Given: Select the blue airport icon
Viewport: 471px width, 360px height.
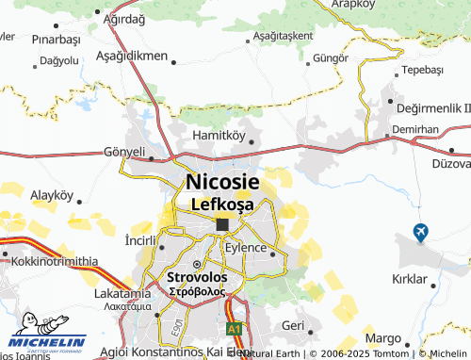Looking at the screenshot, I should point(421,231).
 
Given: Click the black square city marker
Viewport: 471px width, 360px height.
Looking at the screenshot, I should point(222,224).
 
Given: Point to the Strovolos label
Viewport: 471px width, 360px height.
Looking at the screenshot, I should point(197,278).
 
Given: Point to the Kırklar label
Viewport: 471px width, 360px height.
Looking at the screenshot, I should point(410,280).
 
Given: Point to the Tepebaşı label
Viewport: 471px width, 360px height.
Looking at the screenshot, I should point(422,71).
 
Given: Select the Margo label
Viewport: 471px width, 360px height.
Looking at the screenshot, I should point(382,337).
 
